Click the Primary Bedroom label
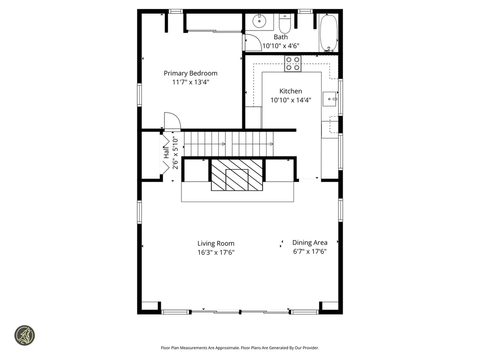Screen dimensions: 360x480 190,73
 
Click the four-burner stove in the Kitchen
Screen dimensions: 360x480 293,64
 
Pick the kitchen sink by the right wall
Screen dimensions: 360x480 332,99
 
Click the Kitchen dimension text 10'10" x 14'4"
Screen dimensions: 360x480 291,100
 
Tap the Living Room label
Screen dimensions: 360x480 216,243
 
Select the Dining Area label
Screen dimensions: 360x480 310,242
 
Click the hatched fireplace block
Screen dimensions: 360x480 236,175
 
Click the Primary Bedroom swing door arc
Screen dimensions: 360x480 172,120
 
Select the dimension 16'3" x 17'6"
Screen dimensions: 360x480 216,252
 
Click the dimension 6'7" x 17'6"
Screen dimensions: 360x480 310,251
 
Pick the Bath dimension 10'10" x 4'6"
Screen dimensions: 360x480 281,46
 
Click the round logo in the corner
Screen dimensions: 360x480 24,336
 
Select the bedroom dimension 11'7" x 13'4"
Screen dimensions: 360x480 190,82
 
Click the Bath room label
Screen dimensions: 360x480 281,37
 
